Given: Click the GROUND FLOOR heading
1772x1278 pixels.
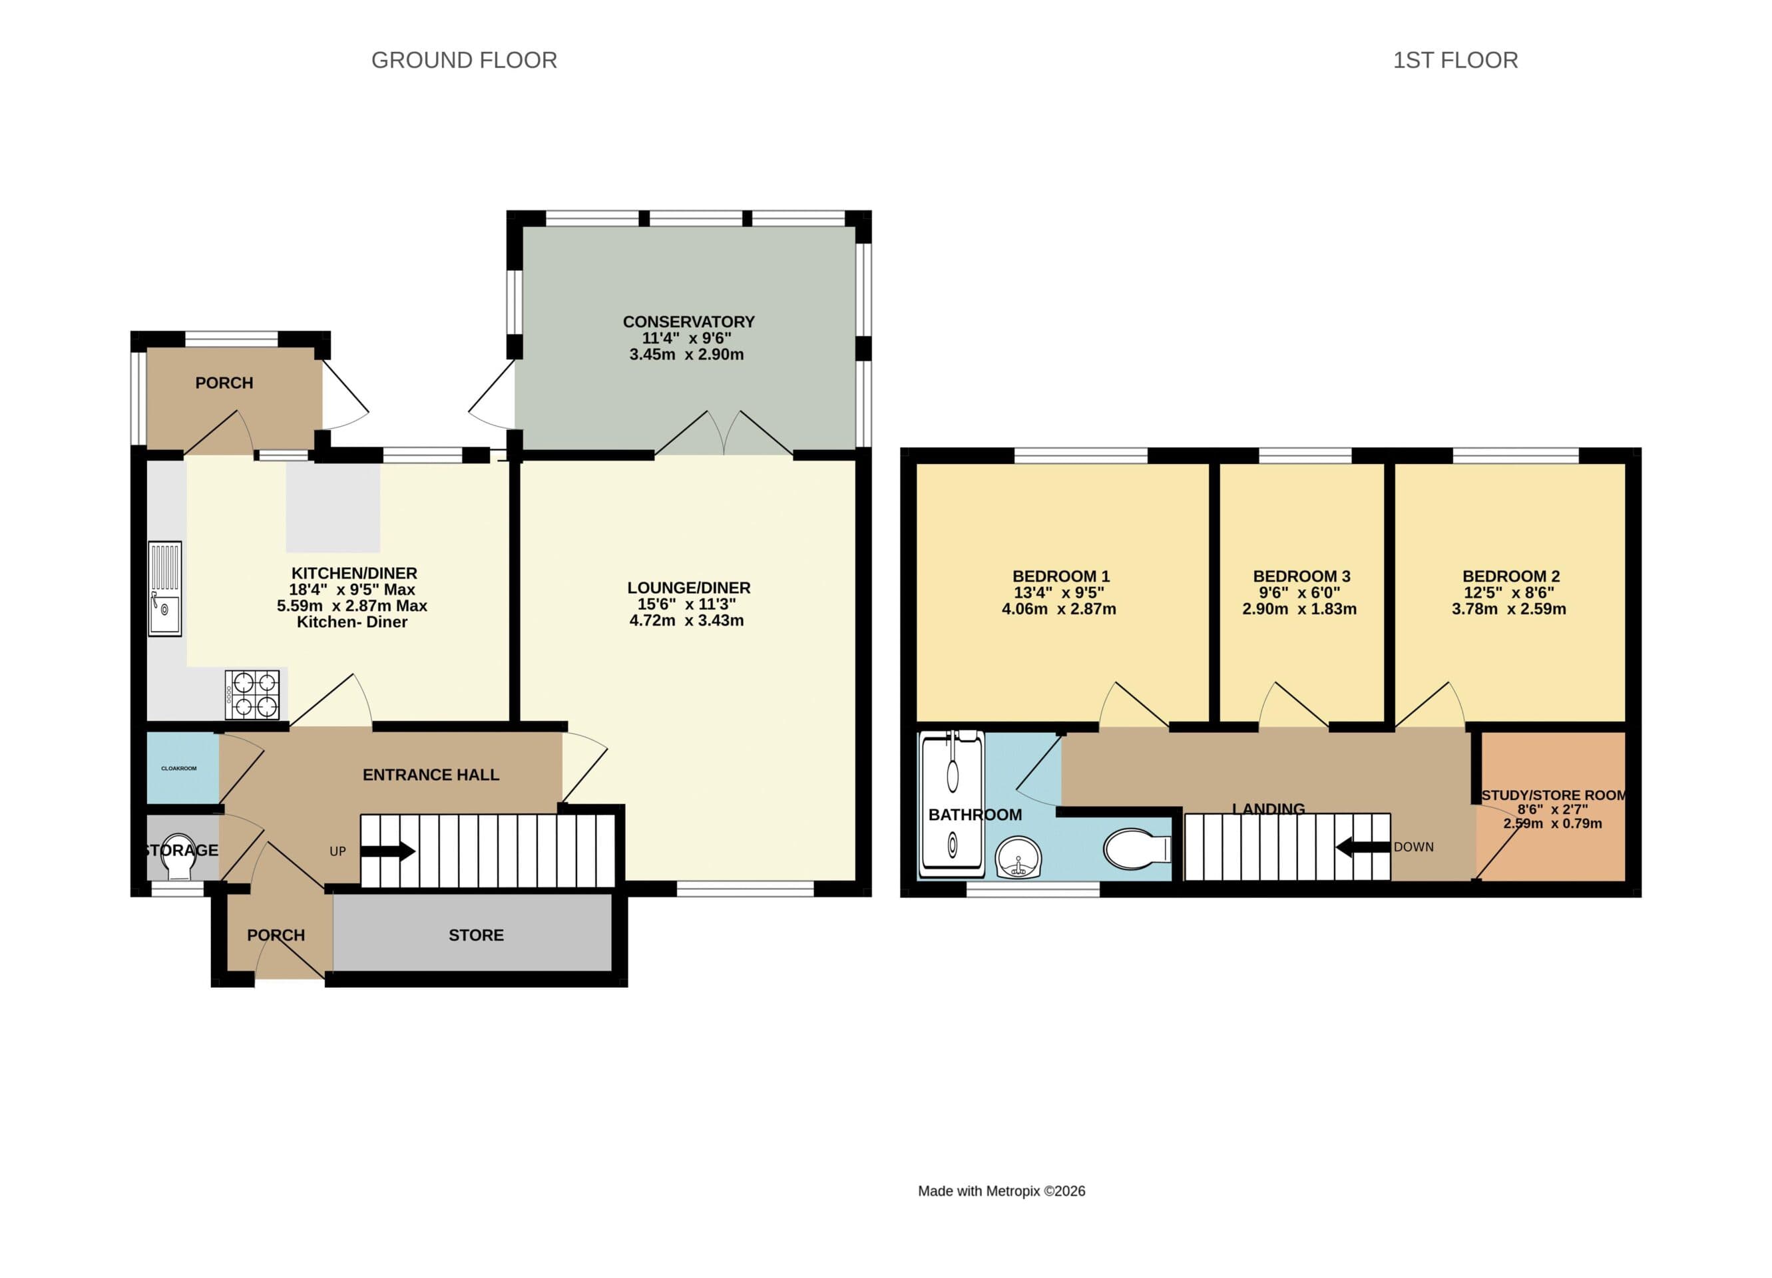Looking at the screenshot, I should (464, 60).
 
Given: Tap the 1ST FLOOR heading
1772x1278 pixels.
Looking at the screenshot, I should (1454, 60).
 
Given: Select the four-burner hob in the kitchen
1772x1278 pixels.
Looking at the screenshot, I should (252, 694).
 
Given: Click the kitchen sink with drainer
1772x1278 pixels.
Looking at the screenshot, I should (165, 588).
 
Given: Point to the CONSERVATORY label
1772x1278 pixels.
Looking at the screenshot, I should (688, 322).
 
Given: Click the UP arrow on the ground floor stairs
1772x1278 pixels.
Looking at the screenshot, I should (387, 851).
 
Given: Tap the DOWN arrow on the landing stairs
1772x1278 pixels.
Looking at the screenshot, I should (1363, 846).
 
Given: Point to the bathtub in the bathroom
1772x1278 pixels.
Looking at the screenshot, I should (951, 805).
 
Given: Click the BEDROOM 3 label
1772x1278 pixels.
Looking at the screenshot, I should (1301, 576).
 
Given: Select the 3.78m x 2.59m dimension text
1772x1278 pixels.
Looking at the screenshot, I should (1508, 609).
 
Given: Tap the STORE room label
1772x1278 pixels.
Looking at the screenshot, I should (476, 935).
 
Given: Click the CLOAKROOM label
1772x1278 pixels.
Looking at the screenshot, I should (179, 769).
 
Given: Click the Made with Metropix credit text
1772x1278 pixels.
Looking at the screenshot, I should (1001, 1191).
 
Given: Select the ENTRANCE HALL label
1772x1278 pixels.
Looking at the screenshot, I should (431, 775).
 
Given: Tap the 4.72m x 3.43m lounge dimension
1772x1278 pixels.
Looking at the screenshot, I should (686, 621).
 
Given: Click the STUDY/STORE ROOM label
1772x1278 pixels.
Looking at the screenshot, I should (1553, 795).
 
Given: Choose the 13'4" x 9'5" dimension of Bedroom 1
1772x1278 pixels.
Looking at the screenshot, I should (1058, 593).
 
